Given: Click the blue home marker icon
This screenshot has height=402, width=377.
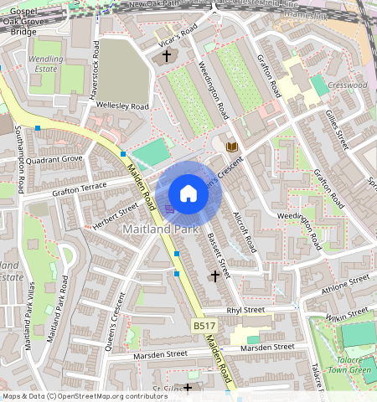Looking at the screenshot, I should point(188,193).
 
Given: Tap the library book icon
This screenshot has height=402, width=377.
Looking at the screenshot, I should point(232,147).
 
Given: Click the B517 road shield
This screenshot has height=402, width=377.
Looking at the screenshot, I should point(204,325).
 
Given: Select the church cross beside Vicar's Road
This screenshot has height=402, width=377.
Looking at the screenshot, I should point(166,57).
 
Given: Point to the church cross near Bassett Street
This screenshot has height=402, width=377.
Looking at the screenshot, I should point(215,275).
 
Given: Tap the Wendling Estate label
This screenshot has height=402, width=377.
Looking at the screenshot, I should point(46,65).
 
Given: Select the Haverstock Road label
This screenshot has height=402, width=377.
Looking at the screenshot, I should point(94,70).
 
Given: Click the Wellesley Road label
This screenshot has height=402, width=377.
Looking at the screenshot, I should point(122,107).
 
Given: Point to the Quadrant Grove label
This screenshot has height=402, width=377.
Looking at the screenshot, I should point(54,158).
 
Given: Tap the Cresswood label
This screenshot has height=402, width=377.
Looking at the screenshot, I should point(348,85).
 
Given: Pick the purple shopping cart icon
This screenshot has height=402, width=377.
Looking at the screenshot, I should point(170,209).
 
